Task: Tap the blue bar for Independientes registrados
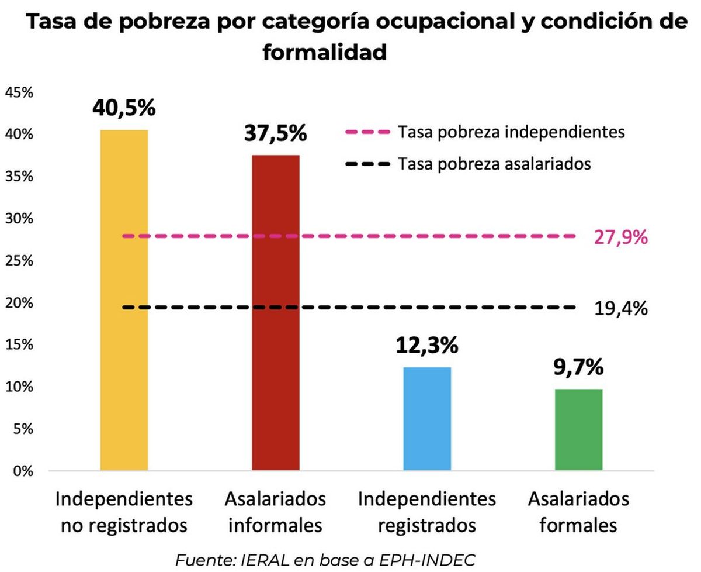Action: tap(427, 418)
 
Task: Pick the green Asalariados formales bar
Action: tap(578, 429)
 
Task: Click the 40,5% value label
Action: tap(124, 109)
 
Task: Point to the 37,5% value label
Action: tap(275, 133)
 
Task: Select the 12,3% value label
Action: tap(427, 346)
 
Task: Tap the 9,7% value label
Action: tap(578, 368)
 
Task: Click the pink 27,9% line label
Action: tap(620, 238)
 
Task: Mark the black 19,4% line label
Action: tap(620, 308)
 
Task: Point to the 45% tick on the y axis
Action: tap(21, 92)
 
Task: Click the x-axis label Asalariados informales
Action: tap(275, 512)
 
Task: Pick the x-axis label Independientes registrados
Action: tap(427, 512)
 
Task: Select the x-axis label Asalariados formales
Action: tap(578, 512)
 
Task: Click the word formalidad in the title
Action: tap(325, 53)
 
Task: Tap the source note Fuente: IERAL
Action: tap(325, 559)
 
